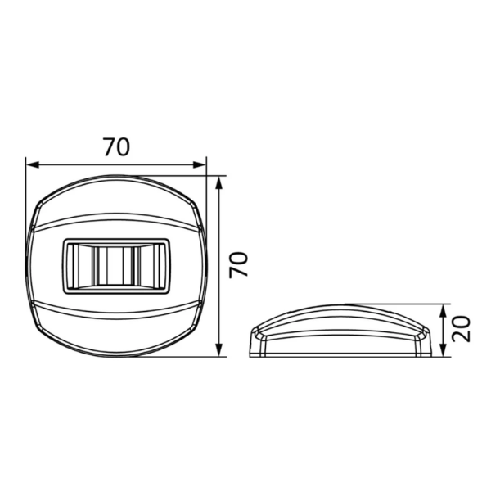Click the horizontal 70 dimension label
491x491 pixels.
click(x=116, y=147)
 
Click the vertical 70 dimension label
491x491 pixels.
click(x=239, y=264)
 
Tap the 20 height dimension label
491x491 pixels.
click(x=462, y=328)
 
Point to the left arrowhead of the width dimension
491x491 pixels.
click(x=33, y=164)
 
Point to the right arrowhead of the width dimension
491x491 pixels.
click(x=200, y=164)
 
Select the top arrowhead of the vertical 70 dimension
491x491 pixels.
click(x=219, y=182)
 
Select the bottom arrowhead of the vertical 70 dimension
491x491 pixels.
click(x=219, y=349)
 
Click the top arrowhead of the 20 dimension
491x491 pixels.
click(x=443, y=311)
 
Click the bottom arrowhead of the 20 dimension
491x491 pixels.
click(x=443, y=350)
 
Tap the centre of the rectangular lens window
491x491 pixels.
click(x=117, y=267)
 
